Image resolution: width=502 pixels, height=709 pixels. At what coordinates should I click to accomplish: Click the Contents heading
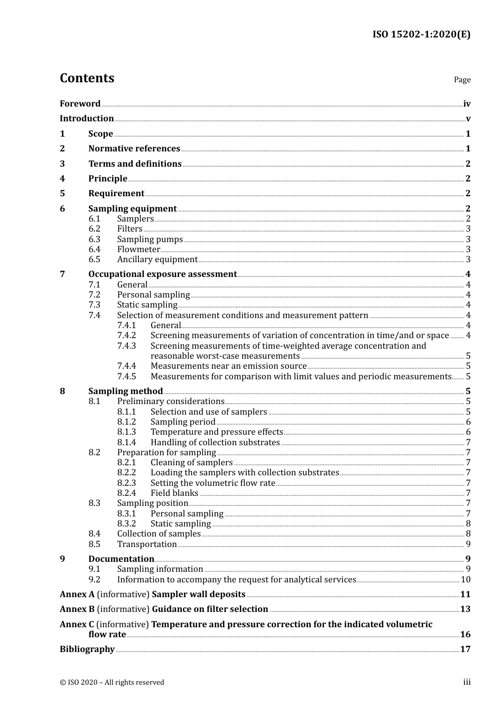point(87,78)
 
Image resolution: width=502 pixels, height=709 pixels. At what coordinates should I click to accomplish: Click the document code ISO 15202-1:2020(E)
point(421,34)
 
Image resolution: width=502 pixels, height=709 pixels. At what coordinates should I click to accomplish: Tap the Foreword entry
point(80,104)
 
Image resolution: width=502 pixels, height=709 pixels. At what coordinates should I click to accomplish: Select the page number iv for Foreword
point(467,104)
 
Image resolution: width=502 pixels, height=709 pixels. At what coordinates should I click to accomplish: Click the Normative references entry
point(134,149)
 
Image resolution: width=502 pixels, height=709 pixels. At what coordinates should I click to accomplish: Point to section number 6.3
point(94,239)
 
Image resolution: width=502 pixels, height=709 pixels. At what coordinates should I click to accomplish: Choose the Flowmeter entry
point(138,250)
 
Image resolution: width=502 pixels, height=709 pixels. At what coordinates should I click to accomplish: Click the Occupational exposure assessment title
point(162,274)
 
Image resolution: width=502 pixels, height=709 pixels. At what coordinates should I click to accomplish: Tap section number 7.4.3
point(126,346)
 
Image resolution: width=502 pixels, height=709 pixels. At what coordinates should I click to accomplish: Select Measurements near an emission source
point(228,366)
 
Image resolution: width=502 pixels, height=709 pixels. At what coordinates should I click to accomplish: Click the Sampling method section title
point(125,391)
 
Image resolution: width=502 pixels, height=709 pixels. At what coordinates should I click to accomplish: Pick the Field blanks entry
point(174,493)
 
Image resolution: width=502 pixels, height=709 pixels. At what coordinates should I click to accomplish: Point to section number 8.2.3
point(126,483)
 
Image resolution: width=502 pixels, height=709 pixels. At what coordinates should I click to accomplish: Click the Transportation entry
point(147,544)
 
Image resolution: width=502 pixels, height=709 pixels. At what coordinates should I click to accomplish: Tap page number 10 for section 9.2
point(466,580)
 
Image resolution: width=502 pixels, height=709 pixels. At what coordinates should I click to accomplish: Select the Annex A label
point(77,595)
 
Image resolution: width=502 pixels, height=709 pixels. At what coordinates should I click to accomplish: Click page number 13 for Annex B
point(465,609)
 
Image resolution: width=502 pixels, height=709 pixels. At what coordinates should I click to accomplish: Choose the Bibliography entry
point(87,649)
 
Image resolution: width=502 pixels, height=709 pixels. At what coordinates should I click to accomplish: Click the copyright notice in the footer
point(112,683)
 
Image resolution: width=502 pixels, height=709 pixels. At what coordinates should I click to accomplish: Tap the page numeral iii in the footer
point(467,682)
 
